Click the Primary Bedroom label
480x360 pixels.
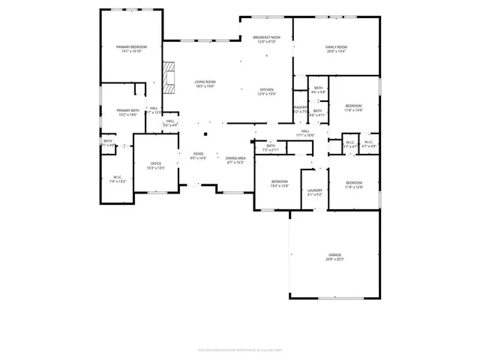131,49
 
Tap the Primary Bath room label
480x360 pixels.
127,112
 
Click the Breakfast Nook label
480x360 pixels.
266,40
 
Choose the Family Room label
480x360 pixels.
335,49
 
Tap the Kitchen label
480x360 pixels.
267,91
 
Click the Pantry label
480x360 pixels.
300,109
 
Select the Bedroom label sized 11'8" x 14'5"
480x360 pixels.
353,108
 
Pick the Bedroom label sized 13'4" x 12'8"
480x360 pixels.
279,184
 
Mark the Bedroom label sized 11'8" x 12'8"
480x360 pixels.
353,184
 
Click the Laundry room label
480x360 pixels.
315,192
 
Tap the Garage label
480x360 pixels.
334,256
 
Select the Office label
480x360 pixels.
156,165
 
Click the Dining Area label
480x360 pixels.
235,160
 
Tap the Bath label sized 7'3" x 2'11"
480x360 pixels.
271,148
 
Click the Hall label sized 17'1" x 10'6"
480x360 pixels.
306,133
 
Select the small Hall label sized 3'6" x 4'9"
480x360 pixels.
170,123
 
